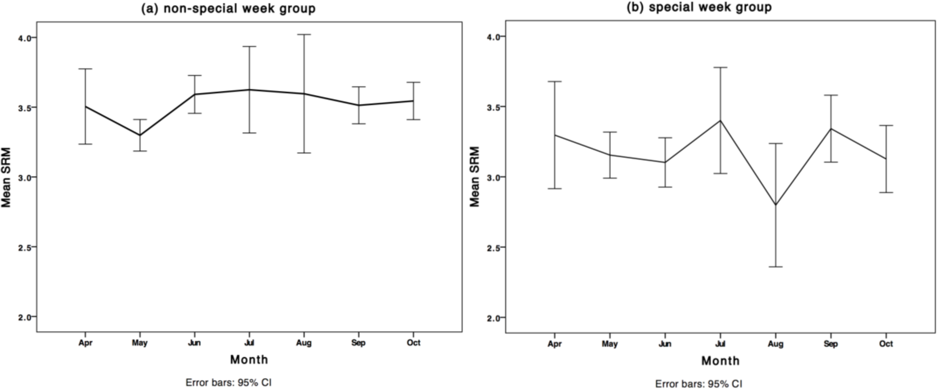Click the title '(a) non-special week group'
click(228, 8)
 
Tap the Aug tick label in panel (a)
click(304, 343)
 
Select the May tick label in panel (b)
click(610, 344)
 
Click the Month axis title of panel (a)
click(249, 360)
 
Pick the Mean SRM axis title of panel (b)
click(475, 177)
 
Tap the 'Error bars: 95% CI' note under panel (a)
click(228, 383)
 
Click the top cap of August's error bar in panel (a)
click(304, 35)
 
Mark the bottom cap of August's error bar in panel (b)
click(776, 267)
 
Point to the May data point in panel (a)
click(140, 135)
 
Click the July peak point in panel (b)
click(720, 121)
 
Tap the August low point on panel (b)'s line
click(776, 205)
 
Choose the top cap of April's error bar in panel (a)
click(85, 69)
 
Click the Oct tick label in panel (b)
click(886, 344)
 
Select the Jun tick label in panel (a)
click(194, 343)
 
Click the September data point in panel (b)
click(831, 129)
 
